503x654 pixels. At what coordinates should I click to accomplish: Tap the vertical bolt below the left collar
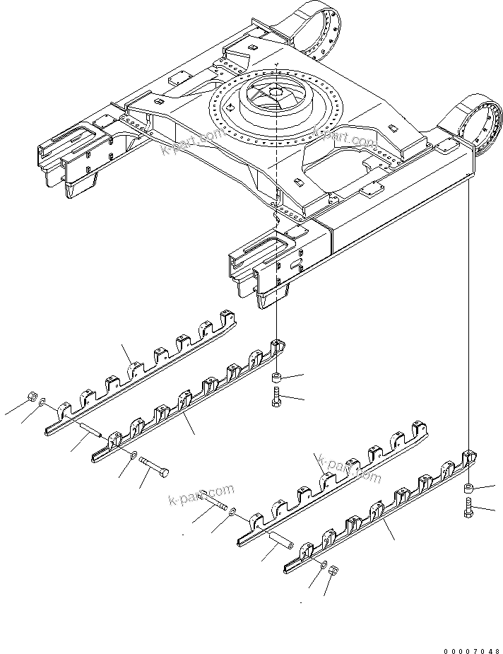point(276,397)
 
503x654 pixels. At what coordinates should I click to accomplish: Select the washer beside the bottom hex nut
point(323,564)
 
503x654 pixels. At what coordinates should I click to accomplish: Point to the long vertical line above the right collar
point(468,318)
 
